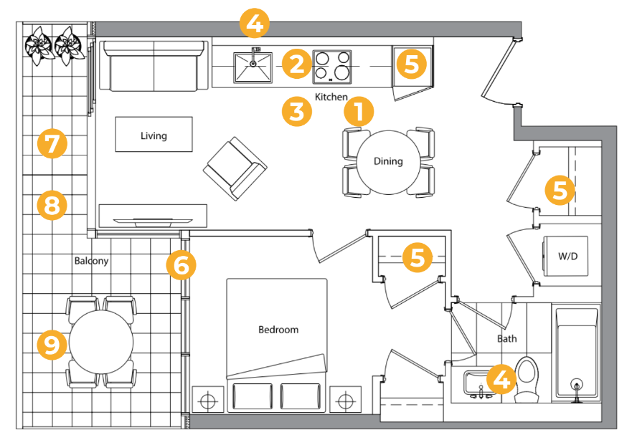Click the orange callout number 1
359,112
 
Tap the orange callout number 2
297,64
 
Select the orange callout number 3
297,112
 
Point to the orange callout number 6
181,265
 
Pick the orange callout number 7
52,143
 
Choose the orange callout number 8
52,206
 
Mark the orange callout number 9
52,345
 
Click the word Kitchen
331,97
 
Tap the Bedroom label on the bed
278,330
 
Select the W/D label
567,256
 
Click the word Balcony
92,261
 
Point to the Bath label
506,338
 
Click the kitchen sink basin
253,67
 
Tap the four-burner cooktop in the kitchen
332,67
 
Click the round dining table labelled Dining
388,162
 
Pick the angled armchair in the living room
235,168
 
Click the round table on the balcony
101,342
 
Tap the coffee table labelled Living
154,134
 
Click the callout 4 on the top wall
255,24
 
